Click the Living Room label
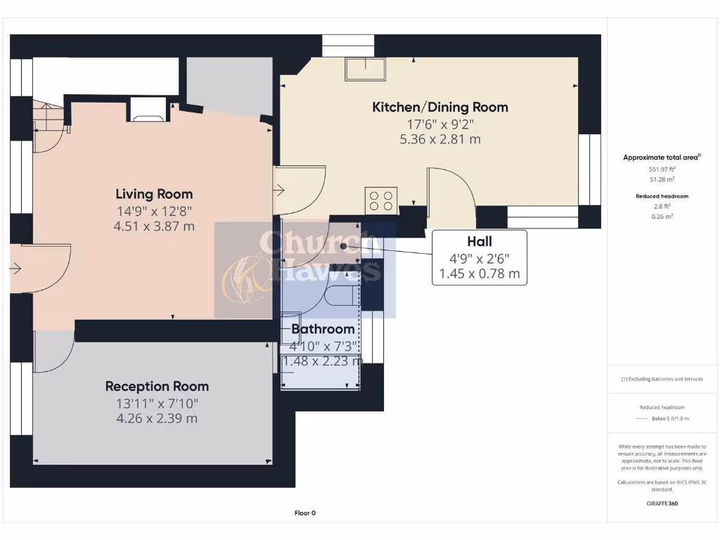pos(154,194)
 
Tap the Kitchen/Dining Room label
pos(439,107)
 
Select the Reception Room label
pos(157,386)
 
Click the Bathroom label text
pos(323,329)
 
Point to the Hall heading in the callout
pos(480,241)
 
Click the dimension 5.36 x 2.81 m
pos(439,139)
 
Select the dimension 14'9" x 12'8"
pos(154,211)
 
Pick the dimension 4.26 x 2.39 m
pos(157,418)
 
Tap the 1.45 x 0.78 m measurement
pos(480,274)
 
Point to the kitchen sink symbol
pos(364,69)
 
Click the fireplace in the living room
pos(148,109)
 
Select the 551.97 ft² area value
pos(661,169)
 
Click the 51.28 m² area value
pos(661,179)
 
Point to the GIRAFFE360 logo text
pos(662,503)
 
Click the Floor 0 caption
pos(304,513)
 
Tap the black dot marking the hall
pos(343,246)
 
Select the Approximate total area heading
pos(660,157)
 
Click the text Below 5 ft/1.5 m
pos(671,418)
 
